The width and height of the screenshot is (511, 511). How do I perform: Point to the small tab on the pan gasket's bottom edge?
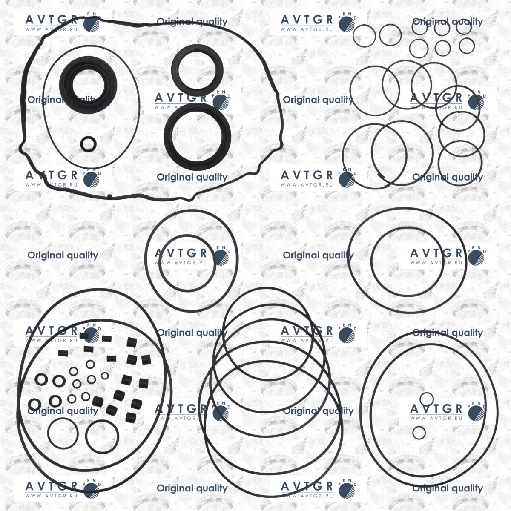109,196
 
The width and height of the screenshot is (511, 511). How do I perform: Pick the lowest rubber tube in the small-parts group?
130,417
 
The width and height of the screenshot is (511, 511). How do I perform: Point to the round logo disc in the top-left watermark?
91,24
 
